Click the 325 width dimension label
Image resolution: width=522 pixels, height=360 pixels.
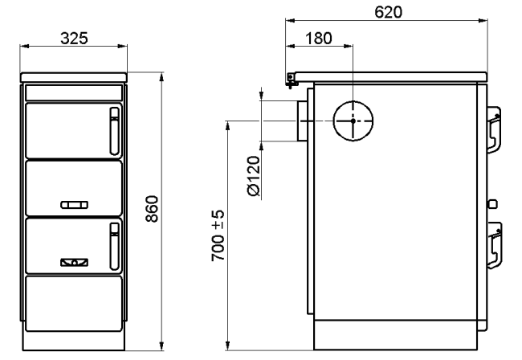74,39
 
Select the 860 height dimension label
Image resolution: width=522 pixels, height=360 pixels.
152,209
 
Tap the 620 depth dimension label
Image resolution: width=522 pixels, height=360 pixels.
388,12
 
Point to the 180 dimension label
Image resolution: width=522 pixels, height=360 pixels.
319,39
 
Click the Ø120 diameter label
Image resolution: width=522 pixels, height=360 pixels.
254,176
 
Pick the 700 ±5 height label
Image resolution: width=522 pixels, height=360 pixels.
218,235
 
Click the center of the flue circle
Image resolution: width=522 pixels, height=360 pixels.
353,121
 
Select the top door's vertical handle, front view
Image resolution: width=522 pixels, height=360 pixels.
115,131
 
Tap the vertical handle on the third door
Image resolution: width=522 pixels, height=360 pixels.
115,246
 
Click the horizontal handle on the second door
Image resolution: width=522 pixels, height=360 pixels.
74,205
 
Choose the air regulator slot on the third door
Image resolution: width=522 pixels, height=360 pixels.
74,263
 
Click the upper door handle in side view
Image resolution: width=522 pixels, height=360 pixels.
494,130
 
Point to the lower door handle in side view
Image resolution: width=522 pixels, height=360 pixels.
495,245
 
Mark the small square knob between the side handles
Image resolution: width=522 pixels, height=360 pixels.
492,204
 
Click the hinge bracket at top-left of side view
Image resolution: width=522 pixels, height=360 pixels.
291,80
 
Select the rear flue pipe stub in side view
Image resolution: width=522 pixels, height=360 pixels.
302,121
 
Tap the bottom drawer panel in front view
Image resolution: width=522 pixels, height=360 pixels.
74,304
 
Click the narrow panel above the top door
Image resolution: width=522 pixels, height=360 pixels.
74,92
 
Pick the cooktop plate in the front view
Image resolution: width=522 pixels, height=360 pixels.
74,78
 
